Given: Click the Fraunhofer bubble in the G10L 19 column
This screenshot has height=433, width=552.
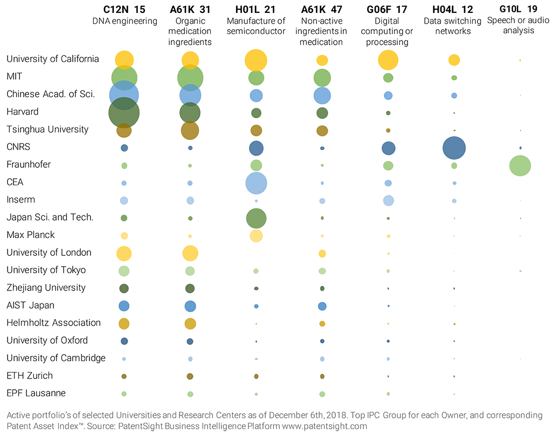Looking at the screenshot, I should pyautogui.click(x=520, y=165).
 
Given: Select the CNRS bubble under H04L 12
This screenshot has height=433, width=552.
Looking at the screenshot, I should pyautogui.click(x=454, y=147).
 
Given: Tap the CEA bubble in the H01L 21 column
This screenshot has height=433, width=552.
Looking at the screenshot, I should pyautogui.click(x=256, y=183).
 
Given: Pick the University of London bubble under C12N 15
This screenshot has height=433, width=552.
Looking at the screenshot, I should pyautogui.click(x=124, y=253).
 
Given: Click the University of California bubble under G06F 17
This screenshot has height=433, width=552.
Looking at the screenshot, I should pyautogui.click(x=388, y=59).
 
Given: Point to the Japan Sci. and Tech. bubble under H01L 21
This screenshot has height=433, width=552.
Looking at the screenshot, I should pyautogui.click(x=256, y=218).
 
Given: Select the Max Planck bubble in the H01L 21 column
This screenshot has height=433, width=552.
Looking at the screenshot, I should pyautogui.click(x=256, y=235).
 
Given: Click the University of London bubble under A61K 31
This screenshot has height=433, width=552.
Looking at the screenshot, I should pyautogui.click(x=190, y=253).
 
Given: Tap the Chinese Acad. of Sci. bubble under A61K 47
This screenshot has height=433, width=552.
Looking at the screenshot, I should pyautogui.click(x=322, y=95).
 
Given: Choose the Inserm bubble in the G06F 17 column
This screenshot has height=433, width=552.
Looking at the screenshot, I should pyautogui.click(x=388, y=200).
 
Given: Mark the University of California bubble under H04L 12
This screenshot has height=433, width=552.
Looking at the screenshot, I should pyautogui.click(x=454, y=59).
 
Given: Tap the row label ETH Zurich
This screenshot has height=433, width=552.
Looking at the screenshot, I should pyautogui.click(x=30, y=376).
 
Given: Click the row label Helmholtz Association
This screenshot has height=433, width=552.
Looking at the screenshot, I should pyautogui.click(x=53, y=323).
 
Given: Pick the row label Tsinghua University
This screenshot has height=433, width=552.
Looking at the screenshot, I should pyautogui.click(x=47, y=130).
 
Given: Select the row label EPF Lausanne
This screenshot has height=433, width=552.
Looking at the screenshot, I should pyautogui.click(x=36, y=393).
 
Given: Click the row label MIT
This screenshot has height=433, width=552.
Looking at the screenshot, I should pyautogui.click(x=15, y=77).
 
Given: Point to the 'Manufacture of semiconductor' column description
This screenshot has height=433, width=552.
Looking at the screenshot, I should pyautogui.click(x=256, y=26).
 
